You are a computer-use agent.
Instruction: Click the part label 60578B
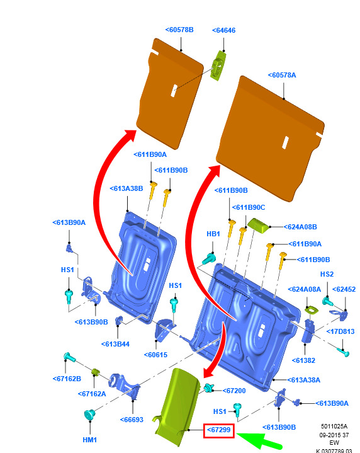[179, 30]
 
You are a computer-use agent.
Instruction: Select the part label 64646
[223, 30]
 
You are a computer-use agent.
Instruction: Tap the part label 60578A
[282, 75]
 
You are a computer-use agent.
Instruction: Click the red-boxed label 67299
[219, 430]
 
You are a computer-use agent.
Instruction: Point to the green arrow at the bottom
[259, 440]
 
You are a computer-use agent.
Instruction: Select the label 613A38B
[127, 188]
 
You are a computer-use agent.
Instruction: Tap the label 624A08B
[300, 227]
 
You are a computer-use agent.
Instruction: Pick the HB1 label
[213, 234]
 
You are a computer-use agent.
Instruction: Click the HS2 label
[327, 274]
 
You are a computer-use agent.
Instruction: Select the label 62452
[344, 289]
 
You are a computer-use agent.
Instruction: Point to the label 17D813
[340, 331]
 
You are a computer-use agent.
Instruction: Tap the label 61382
[303, 360]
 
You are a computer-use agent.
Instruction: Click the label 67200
[234, 391]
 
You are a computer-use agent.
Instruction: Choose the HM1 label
[90, 440]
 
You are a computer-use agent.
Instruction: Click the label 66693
[132, 420]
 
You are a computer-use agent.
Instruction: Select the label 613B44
[115, 344]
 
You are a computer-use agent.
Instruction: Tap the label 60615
[155, 355]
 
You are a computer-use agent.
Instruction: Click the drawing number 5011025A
[334, 427]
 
